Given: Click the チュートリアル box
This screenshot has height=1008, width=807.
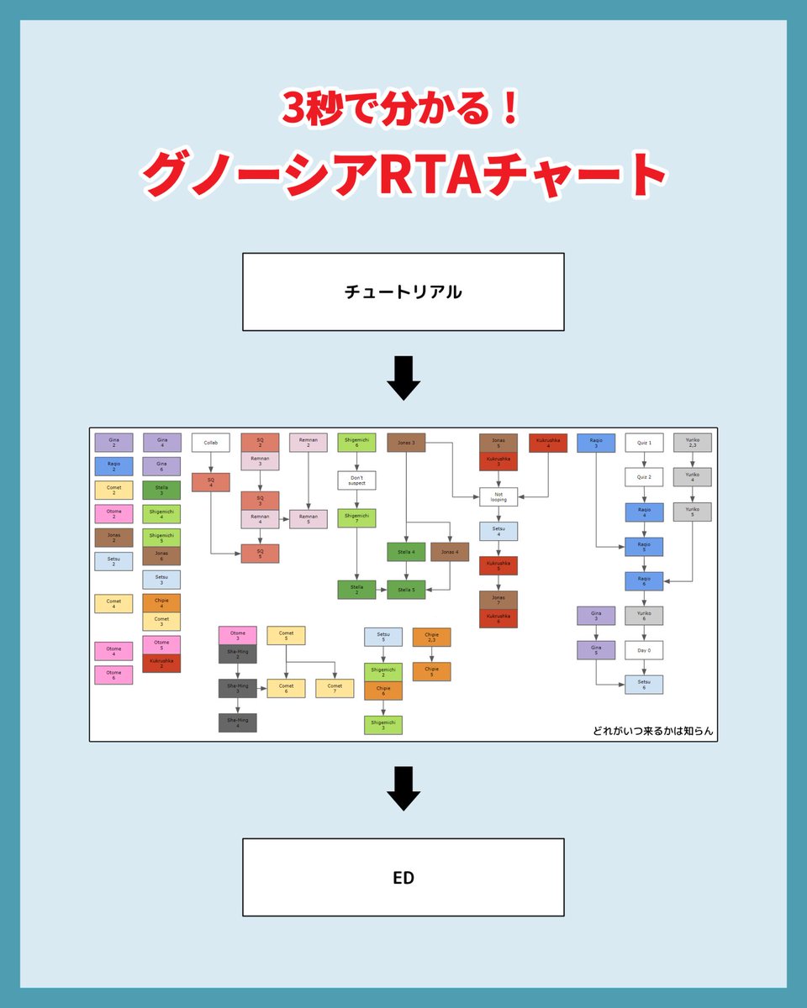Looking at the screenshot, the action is pos(403,291).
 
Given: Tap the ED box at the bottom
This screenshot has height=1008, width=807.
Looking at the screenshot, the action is pos(403,877).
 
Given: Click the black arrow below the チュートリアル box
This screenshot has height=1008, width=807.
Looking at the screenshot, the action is pos(403,379).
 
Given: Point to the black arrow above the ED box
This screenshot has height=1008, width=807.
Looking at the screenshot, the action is pos(403,790).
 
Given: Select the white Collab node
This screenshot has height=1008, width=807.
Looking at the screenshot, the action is pos(210,443).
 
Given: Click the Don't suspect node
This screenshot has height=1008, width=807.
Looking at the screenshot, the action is pos(356,480).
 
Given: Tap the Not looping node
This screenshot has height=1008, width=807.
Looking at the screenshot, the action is pos(498,496).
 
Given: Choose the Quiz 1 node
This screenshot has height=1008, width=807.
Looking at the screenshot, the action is pos(644,443).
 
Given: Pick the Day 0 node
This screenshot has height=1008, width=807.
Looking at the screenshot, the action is pos(644,650).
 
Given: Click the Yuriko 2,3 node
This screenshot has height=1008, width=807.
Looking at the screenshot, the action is pos(692,443).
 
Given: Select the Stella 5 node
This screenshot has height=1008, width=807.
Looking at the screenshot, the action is pos(407,590).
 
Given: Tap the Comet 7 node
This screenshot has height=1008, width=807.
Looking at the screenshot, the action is pos(335,689).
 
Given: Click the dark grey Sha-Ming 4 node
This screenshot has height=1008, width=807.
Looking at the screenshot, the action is pos(238,722).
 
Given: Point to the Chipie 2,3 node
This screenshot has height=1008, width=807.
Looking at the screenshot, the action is pos(431,638).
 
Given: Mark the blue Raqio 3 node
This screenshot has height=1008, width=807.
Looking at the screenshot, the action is pos(596,443).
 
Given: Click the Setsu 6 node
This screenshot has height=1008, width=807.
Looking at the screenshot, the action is pos(644,685).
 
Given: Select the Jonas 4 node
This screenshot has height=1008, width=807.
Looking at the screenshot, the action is pos(450,552).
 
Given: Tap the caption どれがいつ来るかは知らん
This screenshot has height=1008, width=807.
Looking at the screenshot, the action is pos(652,731).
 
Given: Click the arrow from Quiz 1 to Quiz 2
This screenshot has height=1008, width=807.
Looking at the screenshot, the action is pos(644,460).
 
